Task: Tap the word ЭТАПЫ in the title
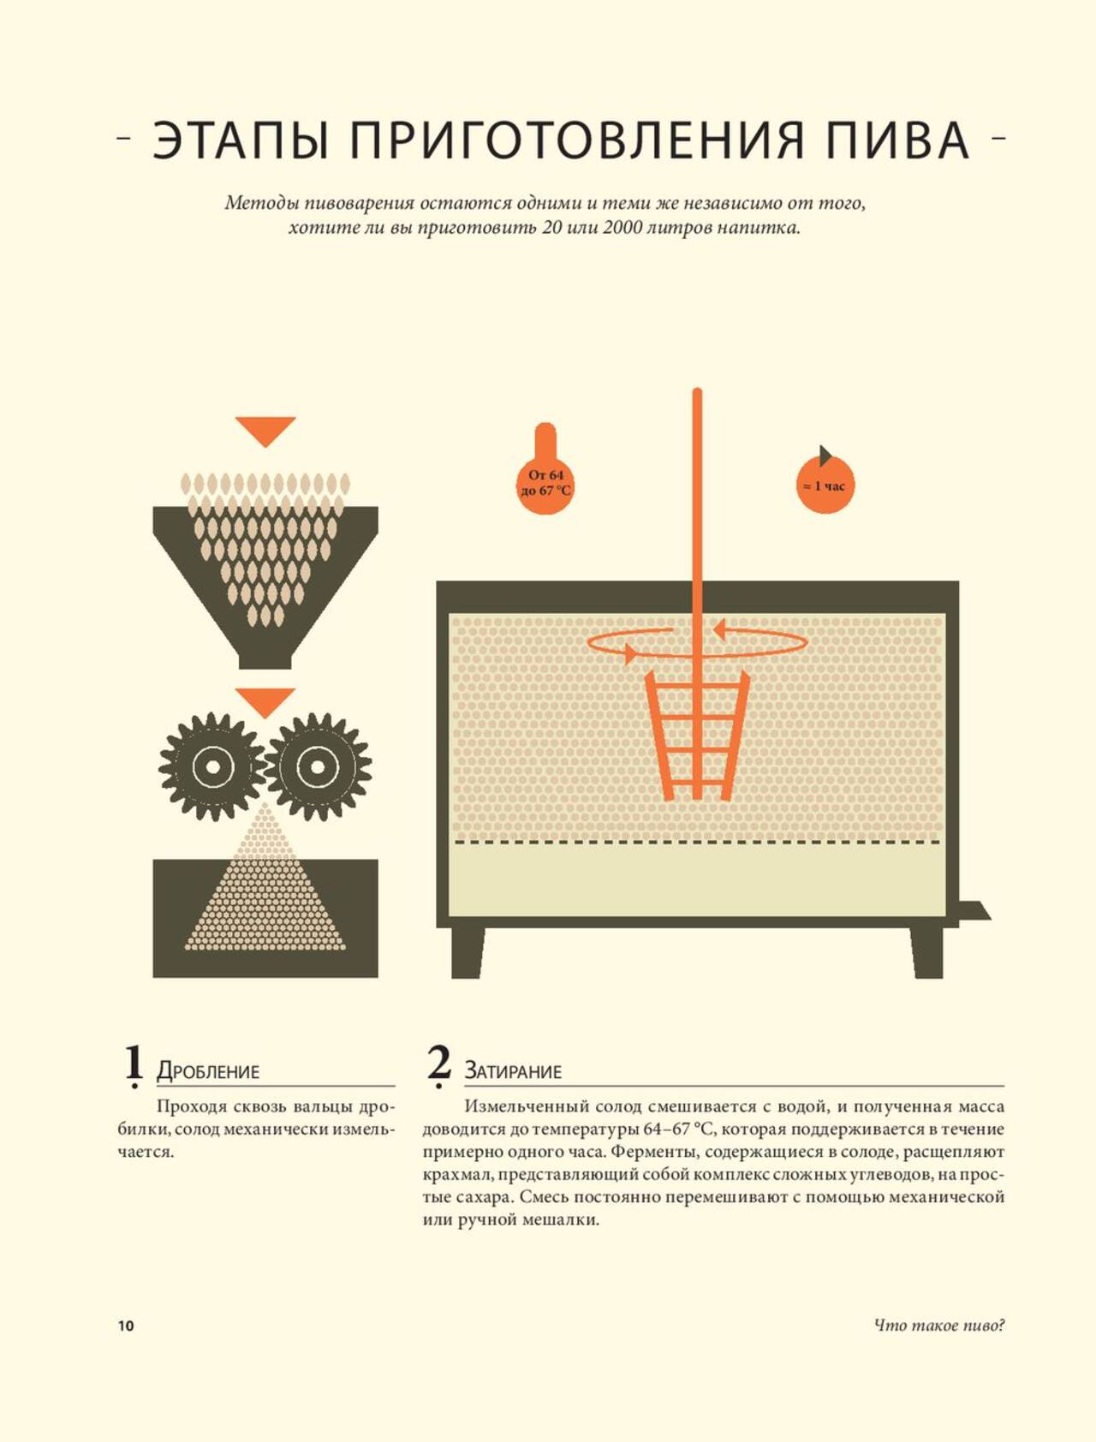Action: (x=240, y=140)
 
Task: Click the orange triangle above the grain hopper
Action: (x=265, y=431)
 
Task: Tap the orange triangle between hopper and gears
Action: (x=265, y=701)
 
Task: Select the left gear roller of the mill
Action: (x=211, y=766)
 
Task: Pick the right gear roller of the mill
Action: (x=318, y=766)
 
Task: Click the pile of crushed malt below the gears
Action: (x=265, y=891)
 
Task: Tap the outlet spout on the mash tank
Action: (x=974, y=910)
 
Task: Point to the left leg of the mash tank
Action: (x=468, y=951)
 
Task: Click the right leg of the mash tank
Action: (x=926, y=951)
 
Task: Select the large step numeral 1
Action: (x=134, y=1065)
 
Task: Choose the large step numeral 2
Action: (x=439, y=1065)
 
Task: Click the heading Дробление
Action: (x=208, y=1071)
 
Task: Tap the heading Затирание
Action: (x=513, y=1071)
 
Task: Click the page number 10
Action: (x=126, y=1326)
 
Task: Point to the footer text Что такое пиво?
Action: (x=939, y=1326)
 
